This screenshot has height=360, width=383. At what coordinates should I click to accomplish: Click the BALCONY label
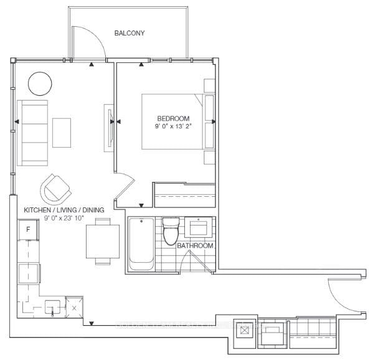click(130, 33)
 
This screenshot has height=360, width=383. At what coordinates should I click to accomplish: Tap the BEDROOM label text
click(173, 118)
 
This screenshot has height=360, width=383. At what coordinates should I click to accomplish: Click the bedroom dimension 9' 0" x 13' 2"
click(173, 126)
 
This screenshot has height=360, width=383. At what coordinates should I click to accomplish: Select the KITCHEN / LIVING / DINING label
click(64, 211)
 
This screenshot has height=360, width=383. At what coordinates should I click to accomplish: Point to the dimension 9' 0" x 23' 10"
click(64, 219)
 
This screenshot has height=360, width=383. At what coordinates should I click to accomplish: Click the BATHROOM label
click(195, 246)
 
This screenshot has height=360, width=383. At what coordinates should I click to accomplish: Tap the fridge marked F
click(28, 230)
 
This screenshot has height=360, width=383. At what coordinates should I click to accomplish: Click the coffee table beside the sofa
click(62, 132)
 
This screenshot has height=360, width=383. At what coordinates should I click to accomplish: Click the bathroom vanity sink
click(201, 227)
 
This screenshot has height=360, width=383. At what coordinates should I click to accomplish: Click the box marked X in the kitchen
click(74, 306)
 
